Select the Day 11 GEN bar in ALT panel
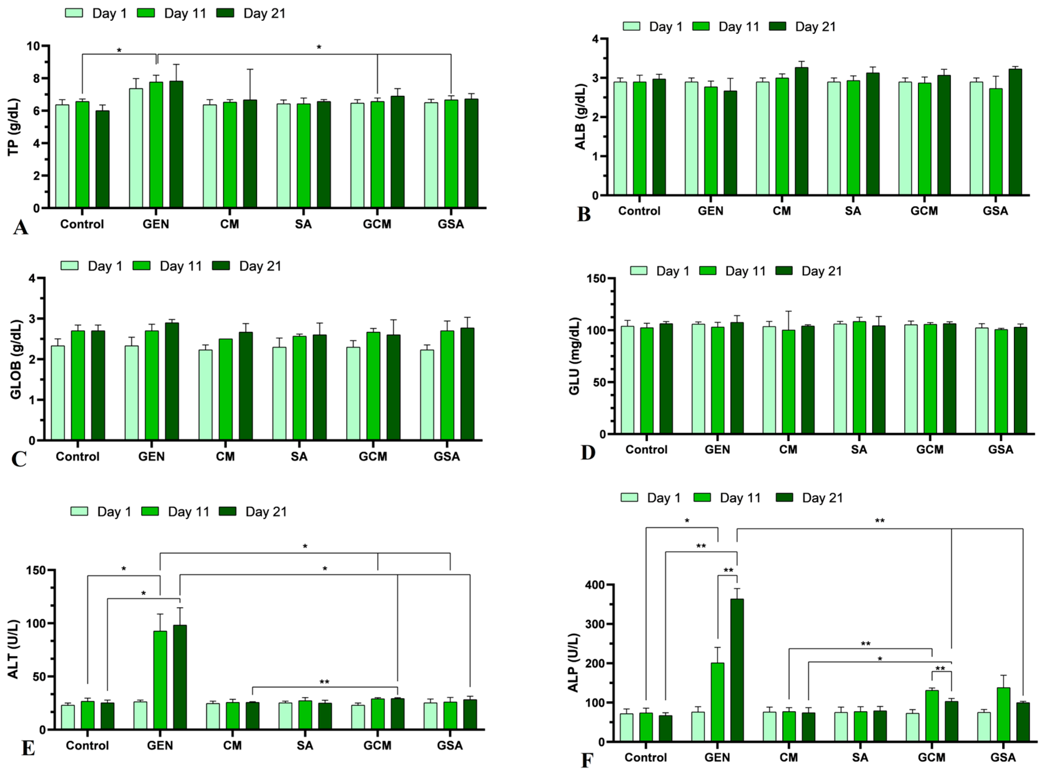(160, 680)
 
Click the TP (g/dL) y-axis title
(14, 127)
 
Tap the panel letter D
(587, 452)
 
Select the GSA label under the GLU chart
(1000, 450)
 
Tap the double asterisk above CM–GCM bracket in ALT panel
(324, 682)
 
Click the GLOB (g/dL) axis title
(16, 360)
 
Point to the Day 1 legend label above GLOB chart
(105, 266)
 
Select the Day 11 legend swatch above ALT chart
(150, 511)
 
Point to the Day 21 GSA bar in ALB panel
(1015, 132)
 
